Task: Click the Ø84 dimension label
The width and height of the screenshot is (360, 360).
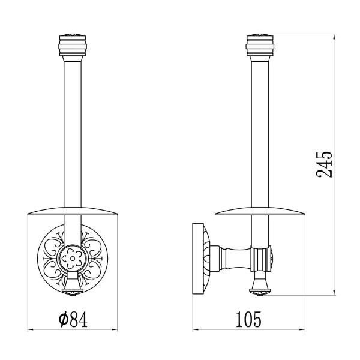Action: (x=73, y=319)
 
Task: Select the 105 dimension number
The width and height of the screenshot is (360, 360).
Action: (x=248, y=319)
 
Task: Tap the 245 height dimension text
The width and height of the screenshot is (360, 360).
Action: (x=324, y=164)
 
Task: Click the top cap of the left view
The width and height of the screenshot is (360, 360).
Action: (x=73, y=46)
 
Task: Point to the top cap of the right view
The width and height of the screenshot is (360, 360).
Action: (x=260, y=46)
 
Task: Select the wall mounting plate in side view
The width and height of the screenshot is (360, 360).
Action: (x=198, y=259)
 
